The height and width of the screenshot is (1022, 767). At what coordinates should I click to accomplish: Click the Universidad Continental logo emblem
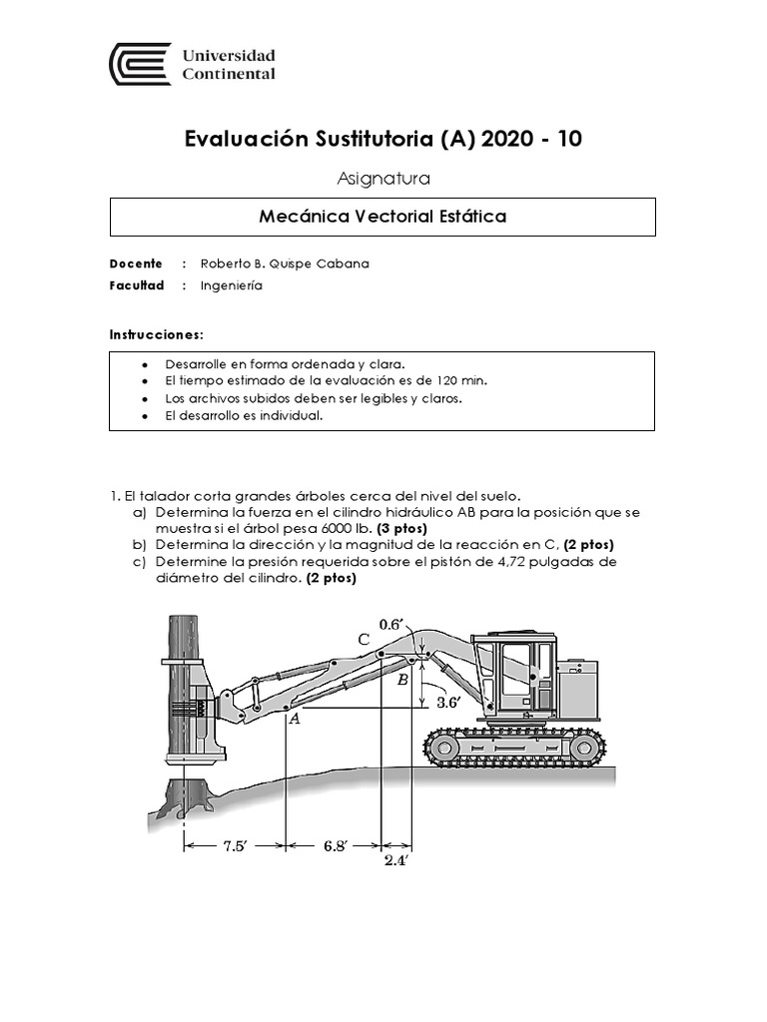click(139, 63)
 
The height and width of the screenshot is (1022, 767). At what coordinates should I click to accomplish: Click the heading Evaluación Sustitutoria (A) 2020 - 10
click(383, 139)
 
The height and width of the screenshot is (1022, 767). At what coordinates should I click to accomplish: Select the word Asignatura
click(383, 179)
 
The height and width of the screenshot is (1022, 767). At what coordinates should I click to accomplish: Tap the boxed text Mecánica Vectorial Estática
click(383, 217)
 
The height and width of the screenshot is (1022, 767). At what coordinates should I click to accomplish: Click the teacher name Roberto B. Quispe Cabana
click(285, 263)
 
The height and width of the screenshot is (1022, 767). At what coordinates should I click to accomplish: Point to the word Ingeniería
click(231, 284)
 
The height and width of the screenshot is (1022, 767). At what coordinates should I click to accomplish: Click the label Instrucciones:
click(156, 333)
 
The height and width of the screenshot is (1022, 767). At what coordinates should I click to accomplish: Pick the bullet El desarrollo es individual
click(244, 415)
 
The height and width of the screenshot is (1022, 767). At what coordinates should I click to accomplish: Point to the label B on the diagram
click(402, 680)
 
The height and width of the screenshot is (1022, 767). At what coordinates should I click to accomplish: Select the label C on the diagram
click(365, 639)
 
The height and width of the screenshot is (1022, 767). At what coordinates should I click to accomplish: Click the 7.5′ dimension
click(235, 845)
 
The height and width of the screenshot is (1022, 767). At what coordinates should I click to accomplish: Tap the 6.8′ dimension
click(335, 845)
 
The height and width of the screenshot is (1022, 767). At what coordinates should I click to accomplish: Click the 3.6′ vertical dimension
click(447, 702)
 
